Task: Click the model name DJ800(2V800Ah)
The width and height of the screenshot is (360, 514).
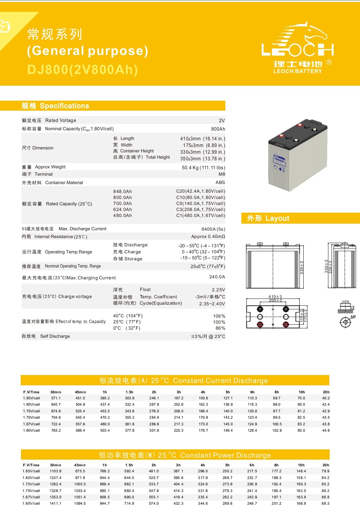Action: (x=83, y=70)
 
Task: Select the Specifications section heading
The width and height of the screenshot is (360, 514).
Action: (x=55, y=106)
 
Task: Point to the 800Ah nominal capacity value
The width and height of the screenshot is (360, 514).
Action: (x=218, y=129)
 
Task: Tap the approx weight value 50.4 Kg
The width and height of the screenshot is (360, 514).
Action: (x=203, y=168)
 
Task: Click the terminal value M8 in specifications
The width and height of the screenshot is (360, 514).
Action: (x=222, y=174)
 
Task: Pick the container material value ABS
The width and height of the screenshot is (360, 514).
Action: (x=220, y=182)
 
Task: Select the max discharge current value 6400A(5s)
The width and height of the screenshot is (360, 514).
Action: (x=213, y=229)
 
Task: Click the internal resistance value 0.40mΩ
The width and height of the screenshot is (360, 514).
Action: (x=208, y=236)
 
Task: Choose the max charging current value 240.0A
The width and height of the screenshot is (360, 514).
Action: (x=217, y=277)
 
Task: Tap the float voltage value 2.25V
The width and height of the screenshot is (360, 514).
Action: (x=218, y=290)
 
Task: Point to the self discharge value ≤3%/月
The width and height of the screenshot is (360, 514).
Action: (x=208, y=336)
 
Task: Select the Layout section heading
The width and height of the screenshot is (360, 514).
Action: (x=268, y=218)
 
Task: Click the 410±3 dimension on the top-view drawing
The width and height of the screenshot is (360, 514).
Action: (x=275, y=296)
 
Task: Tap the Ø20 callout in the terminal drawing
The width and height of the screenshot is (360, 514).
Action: (x=345, y=302)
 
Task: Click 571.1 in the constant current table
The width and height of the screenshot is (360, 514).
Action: (x=56, y=398)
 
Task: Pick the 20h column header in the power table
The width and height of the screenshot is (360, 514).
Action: (x=326, y=465)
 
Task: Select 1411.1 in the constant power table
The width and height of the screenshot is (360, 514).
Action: (x=55, y=503)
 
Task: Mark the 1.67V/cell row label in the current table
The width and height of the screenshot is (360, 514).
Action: (x=31, y=424)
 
